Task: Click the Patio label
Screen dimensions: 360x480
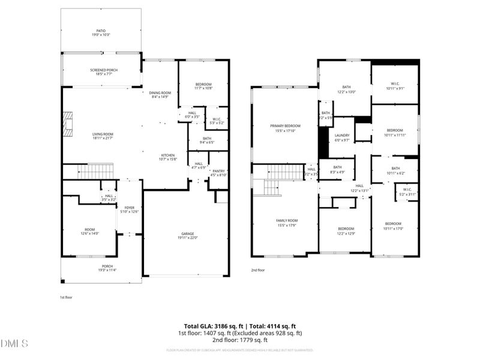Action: pos(101,33)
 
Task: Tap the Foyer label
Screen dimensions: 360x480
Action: pos(130,209)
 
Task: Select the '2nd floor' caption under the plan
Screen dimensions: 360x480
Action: pos(258,271)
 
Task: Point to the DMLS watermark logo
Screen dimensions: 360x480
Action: pos(15,344)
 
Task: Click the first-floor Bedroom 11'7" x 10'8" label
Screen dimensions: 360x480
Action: pos(203,86)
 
